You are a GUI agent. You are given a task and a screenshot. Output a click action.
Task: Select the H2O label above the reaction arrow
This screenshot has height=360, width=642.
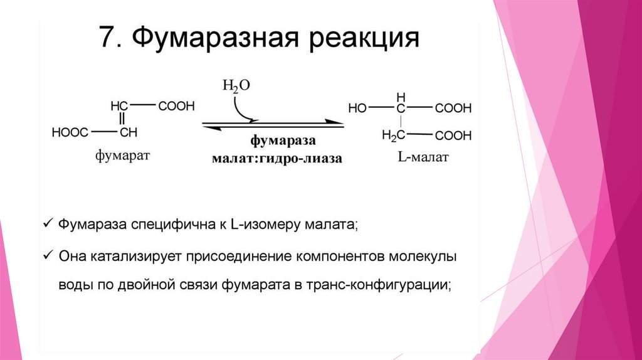pyautogui.click(x=236, y=87)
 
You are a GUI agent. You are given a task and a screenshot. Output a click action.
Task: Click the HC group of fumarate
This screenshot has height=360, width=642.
pyautogui.click(x=119, y=106)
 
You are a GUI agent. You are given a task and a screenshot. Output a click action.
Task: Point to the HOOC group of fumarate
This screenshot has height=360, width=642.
pyautogui.click(x=70, y=132)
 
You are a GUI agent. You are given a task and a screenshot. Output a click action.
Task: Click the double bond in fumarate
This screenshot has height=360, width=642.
pyautogui.click(x=122, y=119)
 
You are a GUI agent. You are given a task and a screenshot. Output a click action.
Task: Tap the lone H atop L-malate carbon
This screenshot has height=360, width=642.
pyautogui.click(x=401, y=96)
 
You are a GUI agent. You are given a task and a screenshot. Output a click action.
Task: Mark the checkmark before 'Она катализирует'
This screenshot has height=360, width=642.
pyautogui.click(x=50, y=256)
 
